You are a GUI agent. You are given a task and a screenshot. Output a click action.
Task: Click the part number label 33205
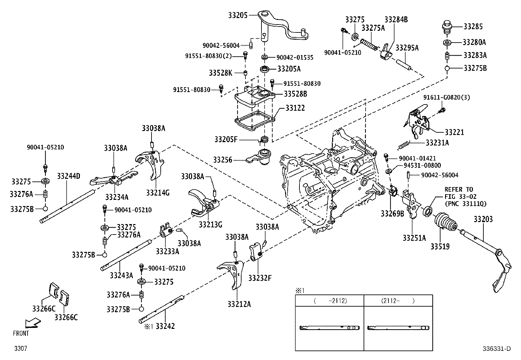pyautogui.click(x=238, y=15)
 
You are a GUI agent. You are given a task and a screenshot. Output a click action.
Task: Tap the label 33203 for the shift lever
pyautogui.click(x=483, y=219)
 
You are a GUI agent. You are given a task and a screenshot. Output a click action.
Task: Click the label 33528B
pyautogui.click(x=295, y=94)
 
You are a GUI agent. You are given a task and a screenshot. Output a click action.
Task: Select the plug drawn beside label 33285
pyautogui.click(x=447, y=27)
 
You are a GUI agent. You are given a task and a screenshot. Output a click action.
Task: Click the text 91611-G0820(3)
pyautogui.click(x=446, y=98)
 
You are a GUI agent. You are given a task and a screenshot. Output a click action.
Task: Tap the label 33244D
pyautogui.click(x=68, y=176)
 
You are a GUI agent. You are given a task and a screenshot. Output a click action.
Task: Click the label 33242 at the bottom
pyautogui.click(x=165, y=326)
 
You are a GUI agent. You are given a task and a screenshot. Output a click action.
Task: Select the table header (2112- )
pyautogui.click(x=398, y=301)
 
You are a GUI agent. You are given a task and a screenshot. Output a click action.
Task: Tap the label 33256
pyautogui.click(x=223, y=160)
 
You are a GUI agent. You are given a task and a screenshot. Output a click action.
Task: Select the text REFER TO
pyautogui.click(x=458, y=189)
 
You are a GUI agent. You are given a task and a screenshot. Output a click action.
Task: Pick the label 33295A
pyautogui.click(x=407, y=48)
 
